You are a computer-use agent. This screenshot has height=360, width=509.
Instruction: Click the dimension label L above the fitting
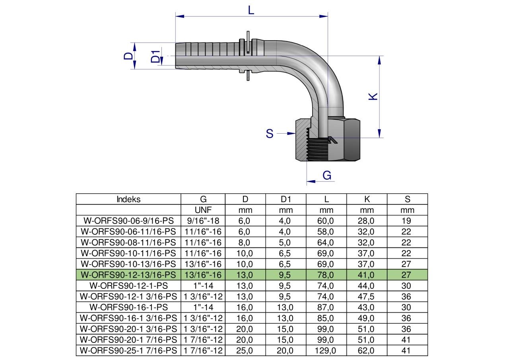[x=251, y=10]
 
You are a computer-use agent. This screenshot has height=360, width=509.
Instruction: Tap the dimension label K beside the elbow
[x=373, y=96]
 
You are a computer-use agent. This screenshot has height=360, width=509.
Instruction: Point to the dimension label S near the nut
[x=270, y=134]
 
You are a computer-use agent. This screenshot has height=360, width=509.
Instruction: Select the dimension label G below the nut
[x=327, y=175]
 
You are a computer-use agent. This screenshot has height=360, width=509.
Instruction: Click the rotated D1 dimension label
[x=155, y=56]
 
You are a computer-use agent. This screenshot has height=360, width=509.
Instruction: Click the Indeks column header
[x=128, y=199]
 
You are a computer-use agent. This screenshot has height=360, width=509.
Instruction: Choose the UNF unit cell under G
[x=203, y=210]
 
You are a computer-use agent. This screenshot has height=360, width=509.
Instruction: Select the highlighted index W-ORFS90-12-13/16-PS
[x=128, y=275]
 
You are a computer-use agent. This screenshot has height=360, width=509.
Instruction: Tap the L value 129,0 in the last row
[x=325, y=350]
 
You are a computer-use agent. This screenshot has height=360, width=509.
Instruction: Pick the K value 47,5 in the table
[x=366, y=296]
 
